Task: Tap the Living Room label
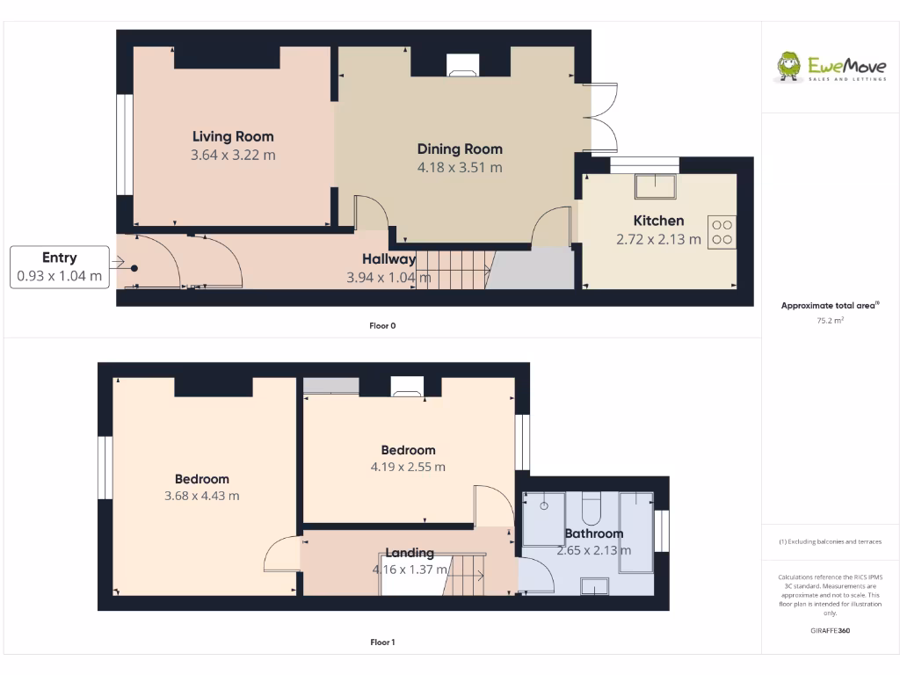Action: [233, 136]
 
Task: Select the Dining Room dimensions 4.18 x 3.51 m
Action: [460, 167]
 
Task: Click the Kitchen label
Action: [658, 221]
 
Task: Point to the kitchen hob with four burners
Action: [722, 231]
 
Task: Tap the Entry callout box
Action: [60, 267]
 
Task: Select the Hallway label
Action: [388, 259]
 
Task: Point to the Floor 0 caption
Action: [382, 326]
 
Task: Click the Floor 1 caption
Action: [382, 642]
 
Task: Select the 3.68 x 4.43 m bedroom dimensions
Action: [202, 496]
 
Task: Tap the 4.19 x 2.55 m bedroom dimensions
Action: [408, 467]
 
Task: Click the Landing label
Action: [410, 553]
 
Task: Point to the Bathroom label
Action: [594, 533]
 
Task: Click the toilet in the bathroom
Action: [591, 509]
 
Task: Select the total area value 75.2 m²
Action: [830, 321]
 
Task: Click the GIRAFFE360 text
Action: [830, 630]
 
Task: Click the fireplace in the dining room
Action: [461, 65]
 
